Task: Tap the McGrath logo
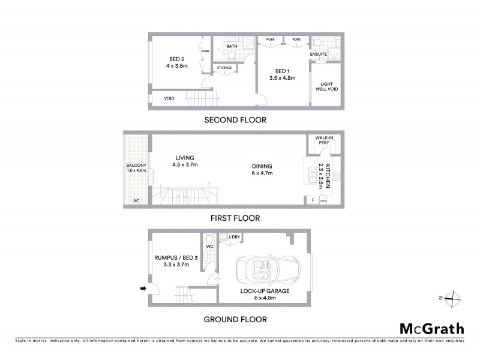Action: (431, 328)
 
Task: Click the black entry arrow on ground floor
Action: (143, 289)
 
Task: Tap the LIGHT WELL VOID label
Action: (326, 86)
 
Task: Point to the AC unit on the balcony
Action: (136, 200)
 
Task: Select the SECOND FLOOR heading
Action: (235, 119)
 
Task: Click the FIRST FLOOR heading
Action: (235, 218)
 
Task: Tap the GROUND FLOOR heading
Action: (235, 319)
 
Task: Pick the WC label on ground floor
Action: (209, 246)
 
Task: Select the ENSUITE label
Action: (318, 54)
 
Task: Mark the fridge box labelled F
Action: (312, 200)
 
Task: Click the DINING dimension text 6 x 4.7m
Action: (262, 173)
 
